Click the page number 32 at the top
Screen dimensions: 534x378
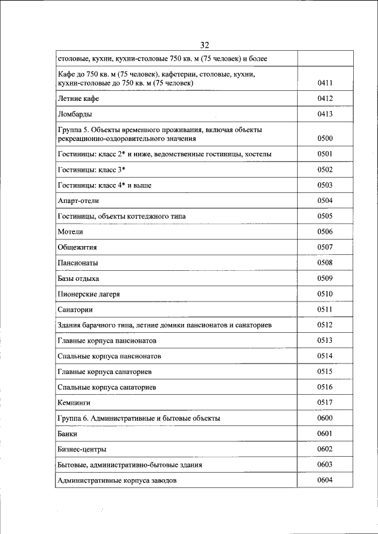click(205, 45)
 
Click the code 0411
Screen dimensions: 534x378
click(325, 84)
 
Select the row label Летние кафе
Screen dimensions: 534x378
click(78, 99)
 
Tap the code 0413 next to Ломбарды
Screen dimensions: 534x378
click(325, 114)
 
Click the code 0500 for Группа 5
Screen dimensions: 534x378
click(325, 139)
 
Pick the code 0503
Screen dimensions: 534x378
click(325, 185)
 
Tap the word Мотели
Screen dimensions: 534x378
click(70, 232)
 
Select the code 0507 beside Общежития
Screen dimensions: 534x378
click(325, 247)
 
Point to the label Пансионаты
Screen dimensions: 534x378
click(78, 263)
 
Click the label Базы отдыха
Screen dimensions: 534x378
click(78, 279)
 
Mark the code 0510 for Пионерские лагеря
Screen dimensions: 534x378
click(325, 294)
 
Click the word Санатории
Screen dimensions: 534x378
click(76, 310)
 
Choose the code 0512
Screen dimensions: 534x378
click(325, 325)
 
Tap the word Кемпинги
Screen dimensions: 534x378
click(74, 403)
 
